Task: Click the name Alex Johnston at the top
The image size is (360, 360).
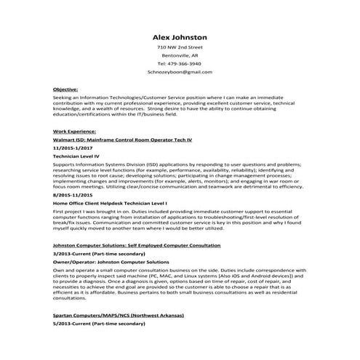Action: click(180, 36)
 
